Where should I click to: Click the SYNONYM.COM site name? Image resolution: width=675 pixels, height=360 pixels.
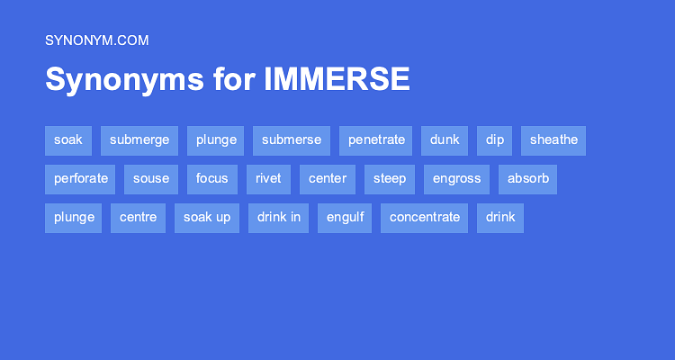coord(96,40)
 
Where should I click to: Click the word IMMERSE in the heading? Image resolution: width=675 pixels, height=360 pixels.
coord(337,79)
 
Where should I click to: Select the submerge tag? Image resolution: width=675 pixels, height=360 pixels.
coord(139,139)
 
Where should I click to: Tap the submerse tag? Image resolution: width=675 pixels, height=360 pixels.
coord(292,139)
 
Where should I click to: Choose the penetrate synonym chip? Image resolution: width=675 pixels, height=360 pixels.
coord(375,139)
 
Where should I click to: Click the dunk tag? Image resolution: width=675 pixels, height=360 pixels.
coord(445,139)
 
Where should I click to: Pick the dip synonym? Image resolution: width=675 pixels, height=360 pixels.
coord(495,139)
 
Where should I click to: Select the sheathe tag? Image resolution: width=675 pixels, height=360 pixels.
coord(553,139)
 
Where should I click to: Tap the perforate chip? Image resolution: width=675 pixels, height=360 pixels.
coord(80,178)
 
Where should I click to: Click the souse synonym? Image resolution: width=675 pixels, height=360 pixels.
coord(151,178)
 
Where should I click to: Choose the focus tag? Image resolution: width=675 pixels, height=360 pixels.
coord(212,178)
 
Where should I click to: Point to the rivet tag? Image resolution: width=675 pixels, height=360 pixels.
coord(268,178)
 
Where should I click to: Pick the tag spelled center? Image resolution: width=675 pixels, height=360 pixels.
coord(328,178)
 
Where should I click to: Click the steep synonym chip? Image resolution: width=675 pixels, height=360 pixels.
coord(390,178)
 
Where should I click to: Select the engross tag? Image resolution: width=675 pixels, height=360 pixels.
coord(456,178)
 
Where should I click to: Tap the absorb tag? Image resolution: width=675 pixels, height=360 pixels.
coord(527,178)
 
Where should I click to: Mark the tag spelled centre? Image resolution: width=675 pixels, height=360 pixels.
coord(138,217)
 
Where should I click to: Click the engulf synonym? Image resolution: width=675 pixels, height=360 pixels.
coord(345,217)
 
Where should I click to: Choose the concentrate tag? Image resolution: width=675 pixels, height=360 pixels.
coord(425,217)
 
